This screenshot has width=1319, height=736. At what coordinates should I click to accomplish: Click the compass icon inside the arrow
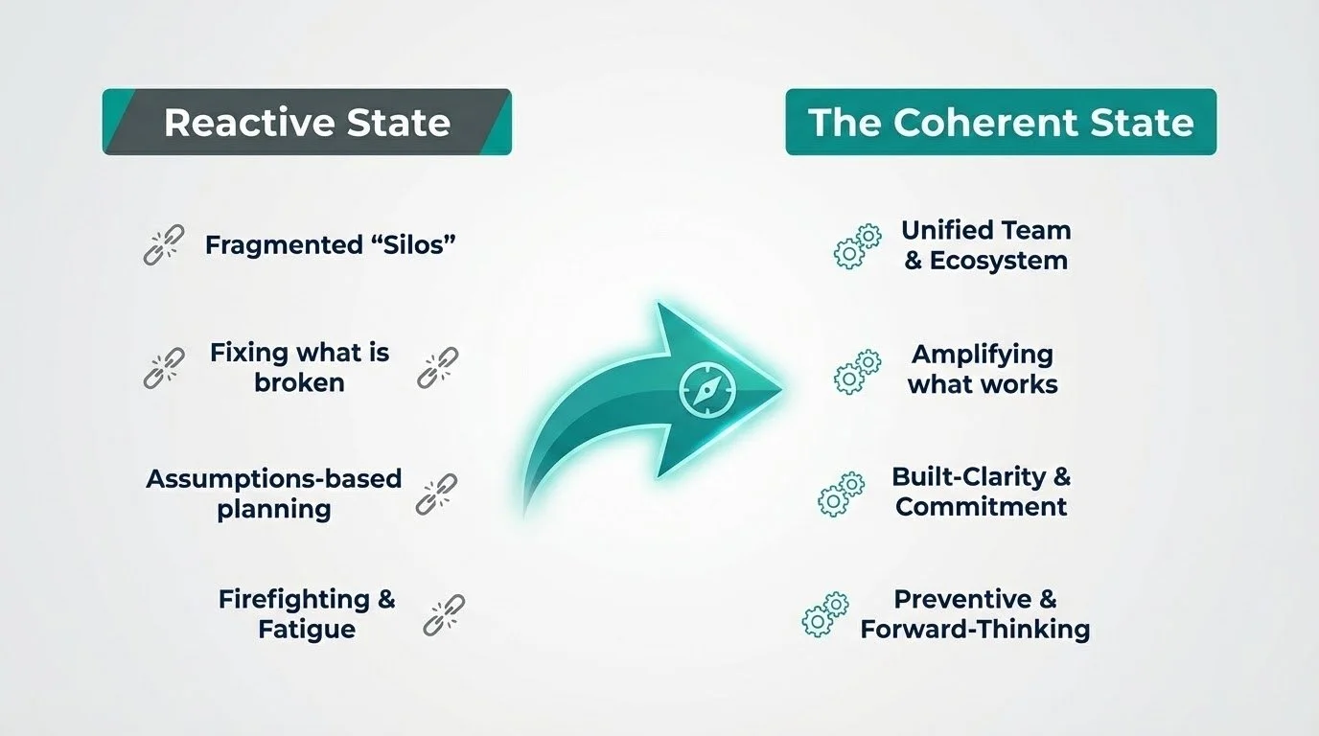(x=707, y=389)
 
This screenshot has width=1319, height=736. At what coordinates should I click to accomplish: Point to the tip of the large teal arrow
(x=782, y=389)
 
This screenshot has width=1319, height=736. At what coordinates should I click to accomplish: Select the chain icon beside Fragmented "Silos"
(x=164, y=244)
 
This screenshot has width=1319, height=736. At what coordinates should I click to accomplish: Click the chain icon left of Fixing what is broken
(x=164, y=368)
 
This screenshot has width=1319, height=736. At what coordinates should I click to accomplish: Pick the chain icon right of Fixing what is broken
(x=437, y=368)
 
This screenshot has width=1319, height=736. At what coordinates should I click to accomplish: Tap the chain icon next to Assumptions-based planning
(x=436, y=494)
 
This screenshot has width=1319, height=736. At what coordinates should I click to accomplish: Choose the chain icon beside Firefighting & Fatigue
(x=444, y=615)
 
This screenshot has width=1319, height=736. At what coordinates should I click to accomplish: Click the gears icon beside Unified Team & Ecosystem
(x=857, y=246)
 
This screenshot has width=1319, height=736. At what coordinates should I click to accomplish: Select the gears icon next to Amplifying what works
(x=857, y=372)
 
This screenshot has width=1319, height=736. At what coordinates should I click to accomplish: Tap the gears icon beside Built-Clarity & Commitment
(x=842, y=494)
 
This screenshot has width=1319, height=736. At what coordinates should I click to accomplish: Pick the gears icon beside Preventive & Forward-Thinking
(x=825, y=614)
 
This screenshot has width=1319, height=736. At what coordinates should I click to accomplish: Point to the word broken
(x=299, y=382)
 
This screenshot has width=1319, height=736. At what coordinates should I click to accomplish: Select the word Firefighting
(x=294, y=599)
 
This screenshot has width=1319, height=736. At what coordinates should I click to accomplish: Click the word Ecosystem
(x=998, y=261)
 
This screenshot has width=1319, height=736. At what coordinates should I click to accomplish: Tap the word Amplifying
(x=983, y=355)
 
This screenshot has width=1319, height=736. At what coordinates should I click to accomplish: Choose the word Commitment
(x=981, y=507)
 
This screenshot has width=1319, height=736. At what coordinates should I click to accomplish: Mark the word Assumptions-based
(x=274, y=479)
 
